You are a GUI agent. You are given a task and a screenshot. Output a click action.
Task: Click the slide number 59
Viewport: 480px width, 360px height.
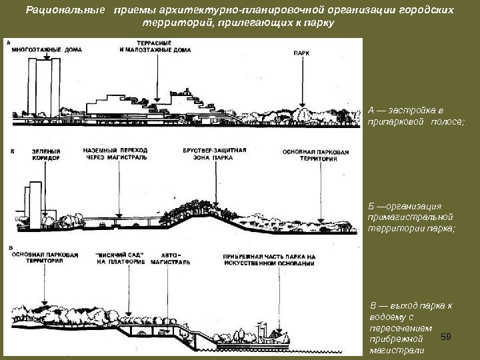point(447,338)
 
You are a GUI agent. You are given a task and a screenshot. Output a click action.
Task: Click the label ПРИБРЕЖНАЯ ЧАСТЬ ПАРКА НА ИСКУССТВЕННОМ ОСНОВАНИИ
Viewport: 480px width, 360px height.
point(269,259)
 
